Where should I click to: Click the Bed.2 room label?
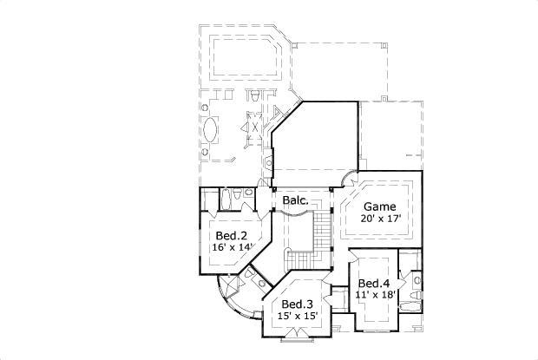(x=232, y=235)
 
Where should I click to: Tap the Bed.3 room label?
(x=298, y=304)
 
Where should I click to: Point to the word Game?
(x=378, y=206)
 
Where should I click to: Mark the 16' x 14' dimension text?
(x=232, y=247)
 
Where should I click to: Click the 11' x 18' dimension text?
(x=376, y=296)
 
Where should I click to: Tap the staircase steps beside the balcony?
(x=322, y=231)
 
